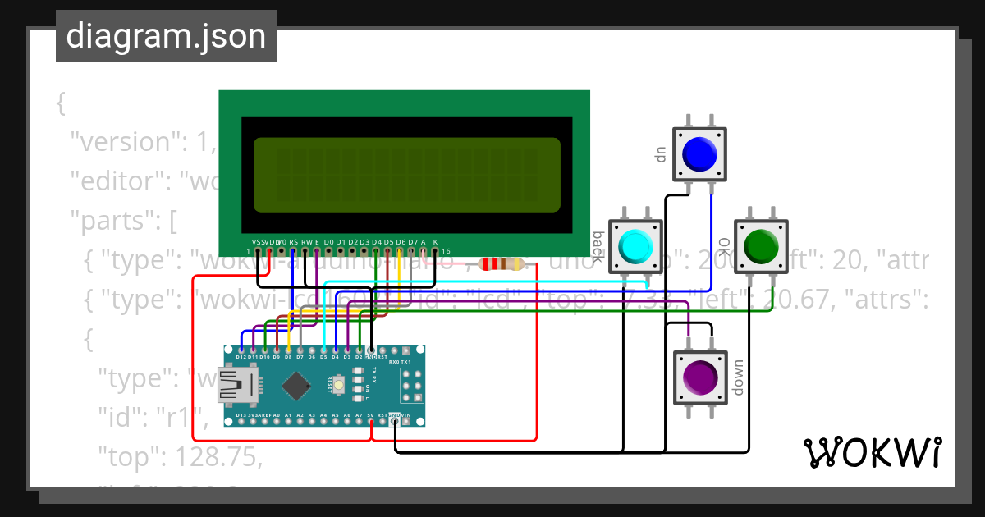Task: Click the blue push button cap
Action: tap(699, 153)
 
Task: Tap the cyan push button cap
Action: tap(635, 246)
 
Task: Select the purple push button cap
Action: tap(699, 377)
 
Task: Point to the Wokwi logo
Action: tap(872, 452)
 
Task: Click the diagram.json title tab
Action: tap(166, 37)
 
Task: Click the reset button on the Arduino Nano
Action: tap(338, 382)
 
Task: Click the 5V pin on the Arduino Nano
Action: tap(371, 421)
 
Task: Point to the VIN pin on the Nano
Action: tap(406, 421)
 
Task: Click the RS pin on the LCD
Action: tap(293, 250)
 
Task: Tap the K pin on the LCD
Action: tap(435, 250)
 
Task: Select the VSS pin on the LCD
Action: tap(258, 250)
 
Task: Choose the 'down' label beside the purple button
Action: tap(737, 377)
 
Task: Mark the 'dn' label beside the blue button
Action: tap(659, 154)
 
